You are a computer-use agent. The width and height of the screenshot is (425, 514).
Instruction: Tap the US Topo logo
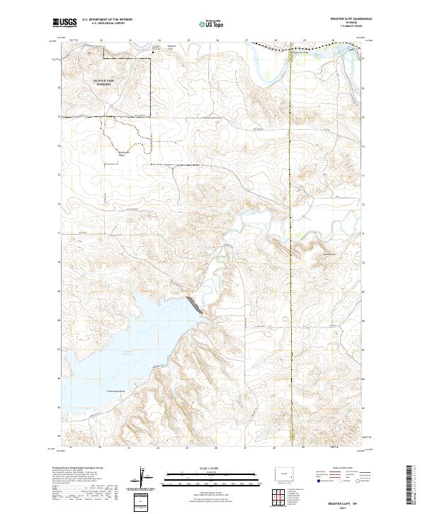(212, 23)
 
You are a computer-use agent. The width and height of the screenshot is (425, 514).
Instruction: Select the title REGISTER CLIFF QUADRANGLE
(341, 19)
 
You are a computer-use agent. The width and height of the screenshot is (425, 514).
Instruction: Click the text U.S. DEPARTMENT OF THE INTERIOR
(107, 19)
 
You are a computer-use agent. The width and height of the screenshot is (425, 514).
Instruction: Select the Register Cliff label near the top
(170, 50)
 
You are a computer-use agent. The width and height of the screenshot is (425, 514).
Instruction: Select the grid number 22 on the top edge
(101, 40)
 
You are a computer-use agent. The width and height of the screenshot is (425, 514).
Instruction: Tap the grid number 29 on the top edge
(304, 40)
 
